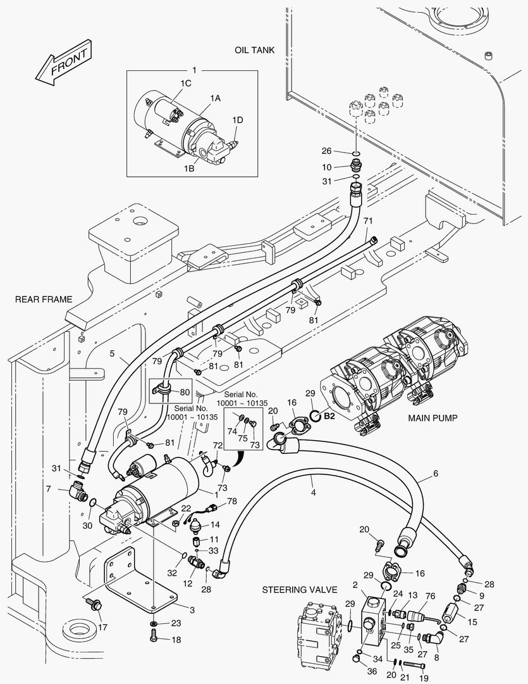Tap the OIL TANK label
point(254,50)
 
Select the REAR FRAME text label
point(44,300)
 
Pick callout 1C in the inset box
point(187,82)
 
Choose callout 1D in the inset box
point(237,120)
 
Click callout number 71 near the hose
point(368,220)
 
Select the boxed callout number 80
point(185,392)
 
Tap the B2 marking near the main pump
point(329,416)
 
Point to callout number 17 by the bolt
point(102,627)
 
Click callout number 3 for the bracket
point(192,609)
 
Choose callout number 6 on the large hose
point(435,473)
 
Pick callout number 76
point(430,595)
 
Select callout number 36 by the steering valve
point(372,671)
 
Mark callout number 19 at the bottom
point(424,677)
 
